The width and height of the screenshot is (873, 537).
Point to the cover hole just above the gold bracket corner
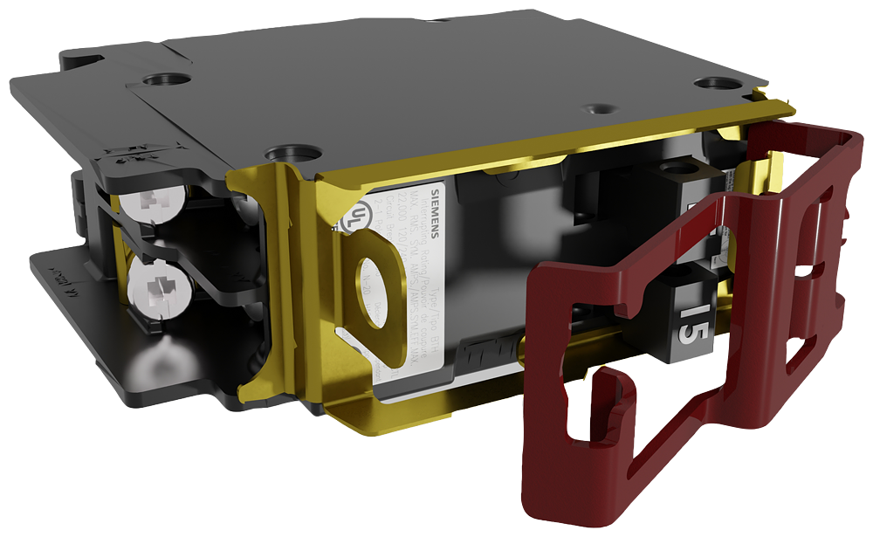(x=288, y=155)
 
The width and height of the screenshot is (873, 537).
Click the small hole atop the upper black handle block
(x=676, y=166)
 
